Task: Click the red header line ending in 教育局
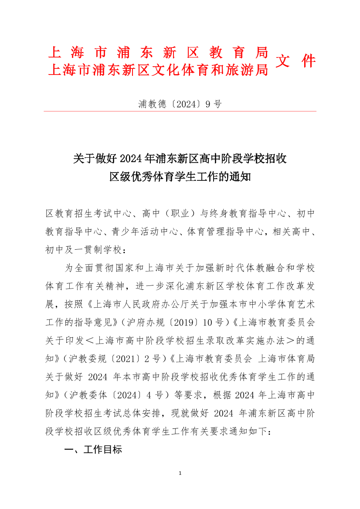157,53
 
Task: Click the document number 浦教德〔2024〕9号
180,104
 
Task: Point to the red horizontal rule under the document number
180,111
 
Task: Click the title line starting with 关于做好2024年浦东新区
180,158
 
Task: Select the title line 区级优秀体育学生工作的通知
180,177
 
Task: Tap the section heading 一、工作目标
93,450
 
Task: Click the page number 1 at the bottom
180,473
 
